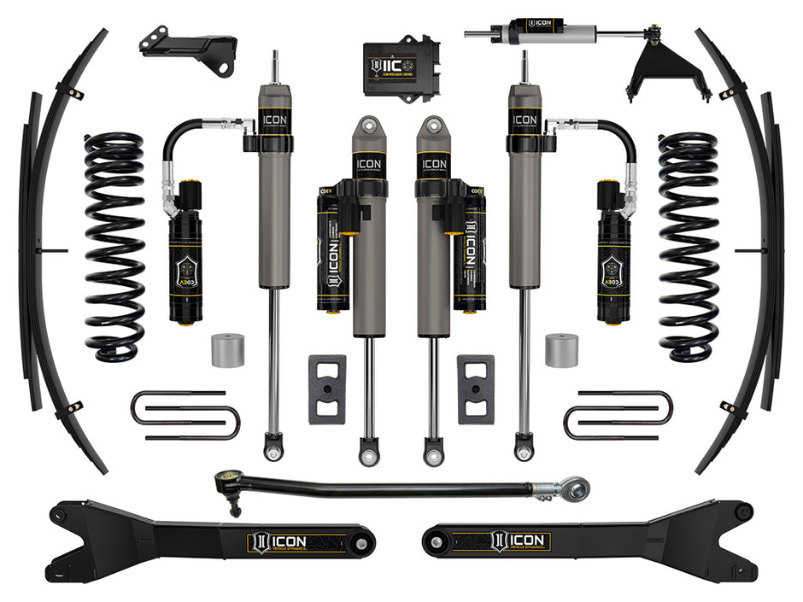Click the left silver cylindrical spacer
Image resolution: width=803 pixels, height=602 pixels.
[228, 350]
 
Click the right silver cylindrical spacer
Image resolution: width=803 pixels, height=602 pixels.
[561, 350]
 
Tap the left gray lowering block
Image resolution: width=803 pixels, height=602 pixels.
[327, 389]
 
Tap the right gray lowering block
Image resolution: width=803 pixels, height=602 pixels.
[476, 389]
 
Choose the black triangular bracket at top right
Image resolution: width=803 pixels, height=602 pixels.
[656, 73]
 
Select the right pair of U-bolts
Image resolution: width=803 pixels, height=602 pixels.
[618, 415]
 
